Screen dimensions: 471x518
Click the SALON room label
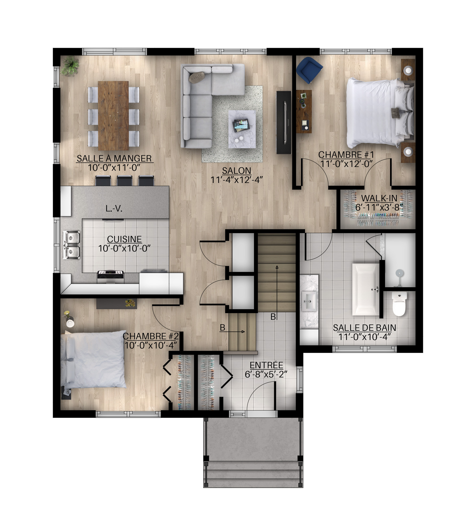[236, 171]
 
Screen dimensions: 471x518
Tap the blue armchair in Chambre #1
[309, 70]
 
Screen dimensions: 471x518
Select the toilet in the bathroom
[400, 304]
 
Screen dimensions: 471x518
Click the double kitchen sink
[72, 245]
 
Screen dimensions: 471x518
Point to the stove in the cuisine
[110, 277]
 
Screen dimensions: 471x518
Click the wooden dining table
[113, 116]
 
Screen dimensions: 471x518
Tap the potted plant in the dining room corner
[70, 66]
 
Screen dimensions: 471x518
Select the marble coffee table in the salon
[242, 129]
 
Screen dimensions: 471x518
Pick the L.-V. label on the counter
[114, 208]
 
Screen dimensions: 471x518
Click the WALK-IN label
[379, 198]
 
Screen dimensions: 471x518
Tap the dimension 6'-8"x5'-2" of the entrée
[266, 374]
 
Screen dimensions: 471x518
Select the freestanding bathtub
[366, 289]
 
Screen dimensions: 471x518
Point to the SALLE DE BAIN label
[364, 328]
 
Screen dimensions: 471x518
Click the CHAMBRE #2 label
[150, 336]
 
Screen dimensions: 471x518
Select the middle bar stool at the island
[125, 180]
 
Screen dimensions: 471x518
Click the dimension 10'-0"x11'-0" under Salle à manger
[114, 168]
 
